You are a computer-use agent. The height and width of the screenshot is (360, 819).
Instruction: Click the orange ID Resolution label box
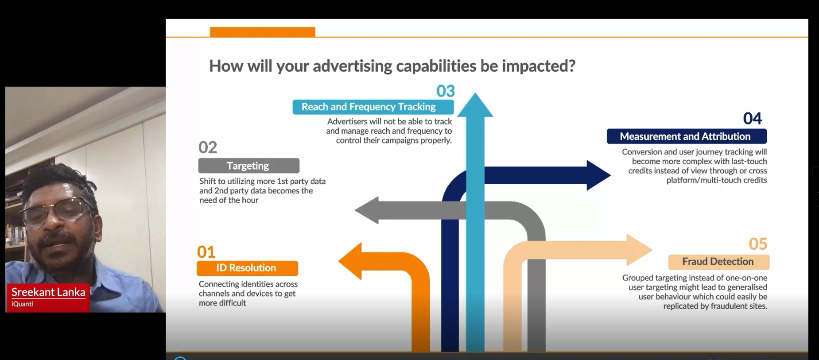click(247, 268)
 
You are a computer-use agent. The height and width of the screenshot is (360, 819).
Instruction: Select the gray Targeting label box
click(248, 166)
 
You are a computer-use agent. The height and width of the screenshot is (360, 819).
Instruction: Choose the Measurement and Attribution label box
click(686, 136)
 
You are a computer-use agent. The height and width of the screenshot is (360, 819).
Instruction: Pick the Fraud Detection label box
click(718, 262)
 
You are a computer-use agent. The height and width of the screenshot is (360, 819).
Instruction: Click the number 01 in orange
click(206, 252)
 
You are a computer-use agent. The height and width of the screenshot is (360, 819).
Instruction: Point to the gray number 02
click(207, 147)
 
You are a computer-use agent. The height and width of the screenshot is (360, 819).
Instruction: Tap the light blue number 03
click(445, 91)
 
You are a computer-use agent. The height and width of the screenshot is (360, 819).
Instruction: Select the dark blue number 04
click(752, 119)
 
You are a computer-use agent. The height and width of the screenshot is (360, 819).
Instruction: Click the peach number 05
click(757, 244)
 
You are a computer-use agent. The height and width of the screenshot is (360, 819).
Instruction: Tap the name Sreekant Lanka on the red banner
click(48, 292)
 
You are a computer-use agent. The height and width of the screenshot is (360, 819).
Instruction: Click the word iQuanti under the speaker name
click(22, 304)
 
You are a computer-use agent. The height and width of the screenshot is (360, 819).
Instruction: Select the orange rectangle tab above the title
click(262, 32)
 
